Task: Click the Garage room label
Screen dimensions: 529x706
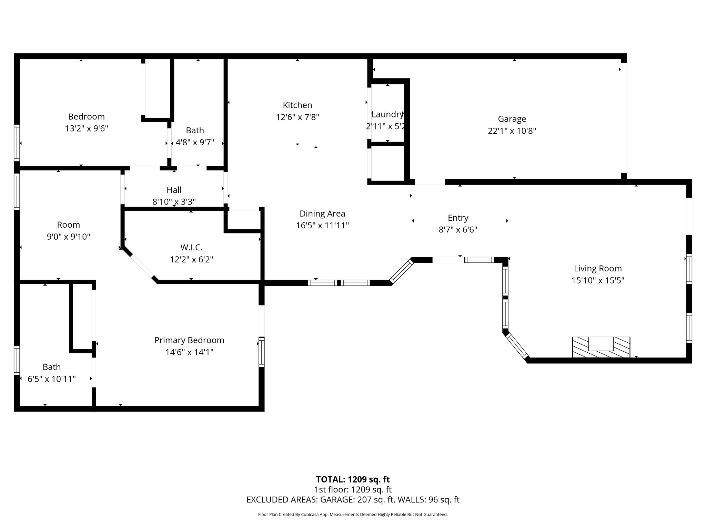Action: [x=512, y=119]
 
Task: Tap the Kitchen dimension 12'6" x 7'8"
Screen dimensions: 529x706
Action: [x=297, y=117]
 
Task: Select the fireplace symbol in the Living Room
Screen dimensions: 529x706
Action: [x=601, y=347]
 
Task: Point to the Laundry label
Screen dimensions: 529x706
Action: [x=387, y=114]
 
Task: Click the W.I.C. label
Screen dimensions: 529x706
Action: [x=191, y=247]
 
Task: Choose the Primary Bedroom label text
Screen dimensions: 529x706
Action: [x=189, y=340]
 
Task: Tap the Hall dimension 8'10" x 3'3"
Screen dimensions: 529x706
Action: [x=174, y=202]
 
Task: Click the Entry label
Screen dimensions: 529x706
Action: [x=458, y=218]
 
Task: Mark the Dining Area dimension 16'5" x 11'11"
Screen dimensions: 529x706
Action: [x=322, y=226]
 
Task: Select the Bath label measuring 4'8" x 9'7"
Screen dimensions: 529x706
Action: [x=195, y=131]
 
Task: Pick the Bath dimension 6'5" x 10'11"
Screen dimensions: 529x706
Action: [x=52, y=379]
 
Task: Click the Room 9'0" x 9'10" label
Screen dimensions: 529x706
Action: [x=68, y=225]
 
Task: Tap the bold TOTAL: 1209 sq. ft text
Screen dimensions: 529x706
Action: [x=353, y=479]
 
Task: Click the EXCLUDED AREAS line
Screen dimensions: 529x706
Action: [x=353, y=500]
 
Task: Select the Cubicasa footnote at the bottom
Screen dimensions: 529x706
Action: [x=353, y=515]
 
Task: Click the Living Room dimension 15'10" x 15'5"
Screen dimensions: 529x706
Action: [x=598, y=281]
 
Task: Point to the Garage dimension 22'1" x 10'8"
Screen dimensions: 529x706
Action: [x=512, y=131]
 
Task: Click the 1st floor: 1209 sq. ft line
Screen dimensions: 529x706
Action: [x=353, y=489]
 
